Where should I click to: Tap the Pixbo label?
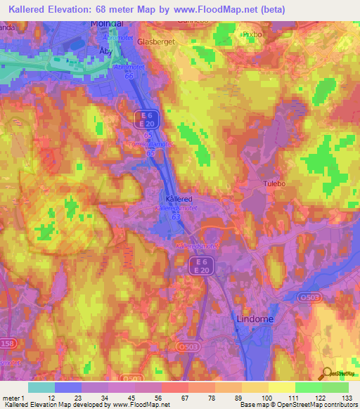click(x=250, y=33)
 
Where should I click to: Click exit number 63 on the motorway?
click(x=176, y=217)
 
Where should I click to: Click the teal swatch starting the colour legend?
click(x=41, y=387)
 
